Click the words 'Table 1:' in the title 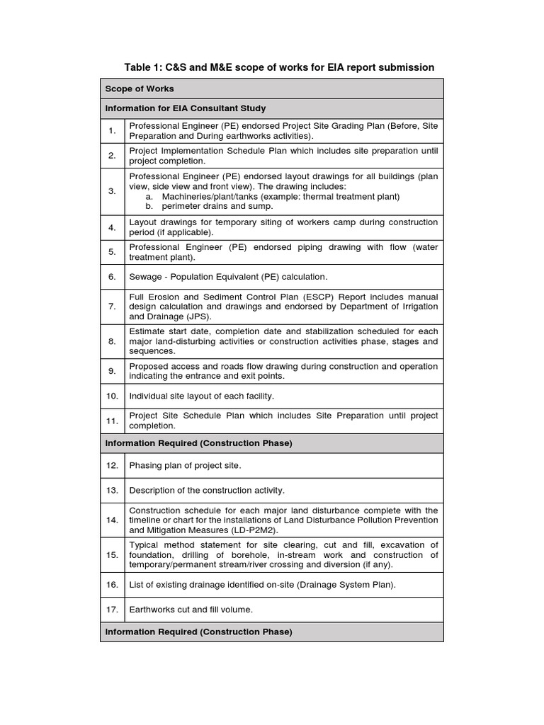pos(143,67)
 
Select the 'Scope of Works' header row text pos(140,89)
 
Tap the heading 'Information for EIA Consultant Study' pos(186,108)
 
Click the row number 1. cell pos(112,131)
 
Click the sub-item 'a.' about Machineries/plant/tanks pos(149,196)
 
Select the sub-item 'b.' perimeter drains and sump pos(149,206)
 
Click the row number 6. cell pos(112,277)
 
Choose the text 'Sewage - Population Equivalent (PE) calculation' pos(228,277)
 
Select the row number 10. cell pos(112,396)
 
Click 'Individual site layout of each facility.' pos(201,396)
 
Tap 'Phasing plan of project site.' pos(185,465)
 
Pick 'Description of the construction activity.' pos(207,490)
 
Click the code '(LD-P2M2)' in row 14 pos(254,530)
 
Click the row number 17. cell pos(112,609)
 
